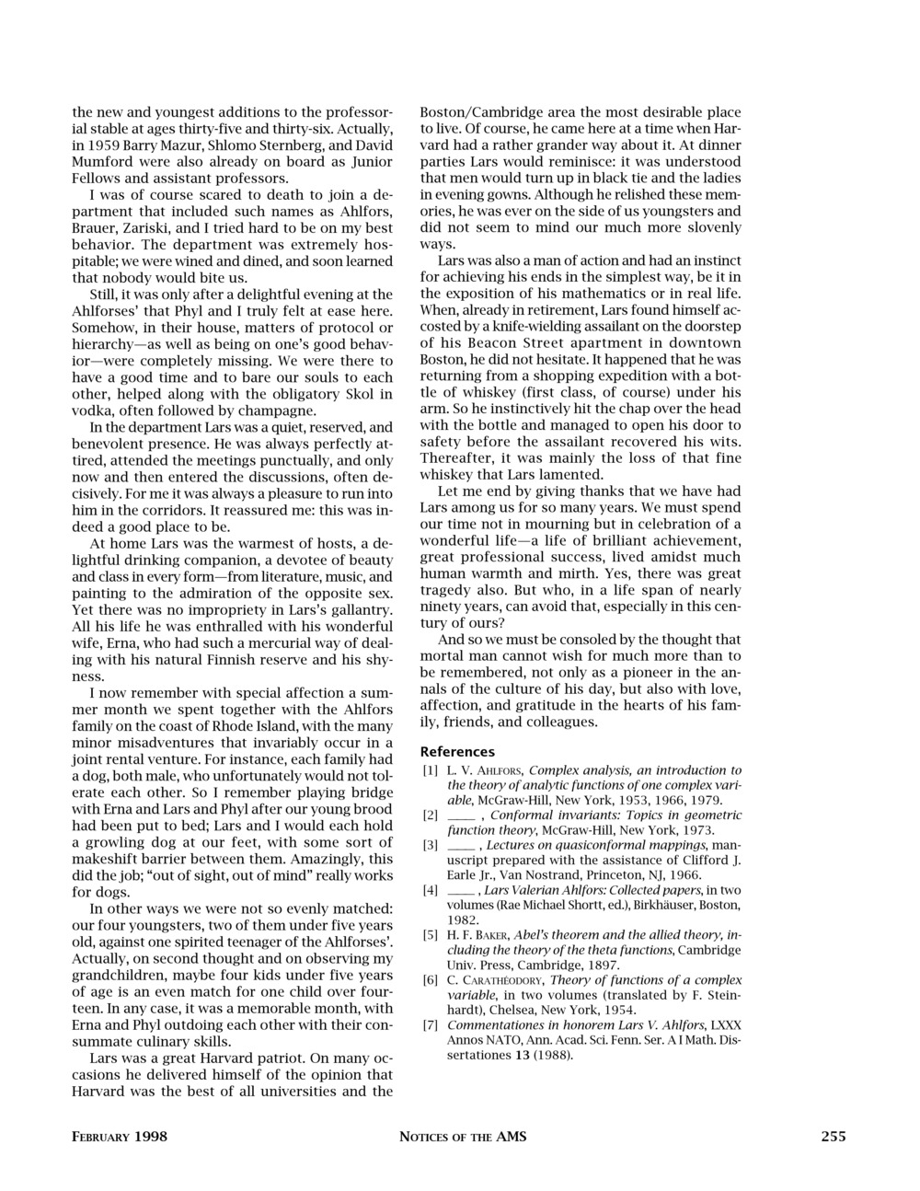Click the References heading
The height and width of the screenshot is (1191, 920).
[457, 751]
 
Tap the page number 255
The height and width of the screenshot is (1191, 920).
[833, 1137]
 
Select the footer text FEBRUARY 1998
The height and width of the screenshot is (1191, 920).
[120, 1137]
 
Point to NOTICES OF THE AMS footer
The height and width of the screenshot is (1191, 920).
[463, 1137]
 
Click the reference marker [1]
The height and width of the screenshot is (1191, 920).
[430, 770]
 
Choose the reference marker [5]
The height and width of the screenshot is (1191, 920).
[430, 935]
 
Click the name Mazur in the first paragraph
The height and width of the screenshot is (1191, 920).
[172, 145]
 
